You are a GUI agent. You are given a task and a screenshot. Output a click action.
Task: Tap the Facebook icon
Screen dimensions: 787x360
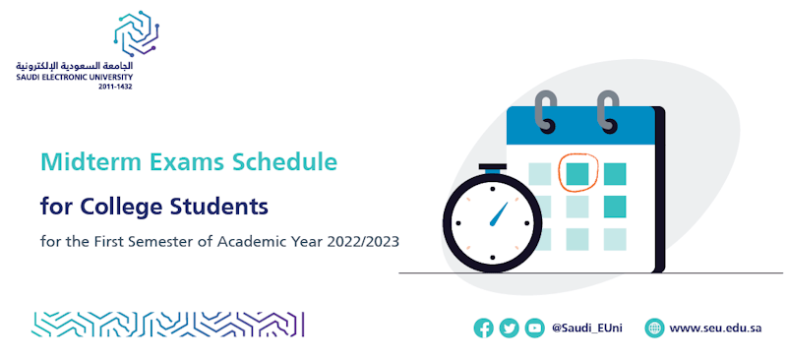point(483,329)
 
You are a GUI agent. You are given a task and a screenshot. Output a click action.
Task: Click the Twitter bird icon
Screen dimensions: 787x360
point(509,329)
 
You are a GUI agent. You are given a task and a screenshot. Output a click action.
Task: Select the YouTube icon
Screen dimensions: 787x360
point(534,329)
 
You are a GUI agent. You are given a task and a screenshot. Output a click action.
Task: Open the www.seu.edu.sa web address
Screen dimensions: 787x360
point(715,329)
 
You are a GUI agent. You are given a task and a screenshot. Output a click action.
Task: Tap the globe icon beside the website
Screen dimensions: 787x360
point(654,329)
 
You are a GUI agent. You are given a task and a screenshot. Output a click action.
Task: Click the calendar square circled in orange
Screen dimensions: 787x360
point(577,174)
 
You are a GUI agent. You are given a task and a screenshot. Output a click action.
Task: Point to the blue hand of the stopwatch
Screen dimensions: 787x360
point(499,214)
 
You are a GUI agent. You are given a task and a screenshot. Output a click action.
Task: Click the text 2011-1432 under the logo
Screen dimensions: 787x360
point(116,87)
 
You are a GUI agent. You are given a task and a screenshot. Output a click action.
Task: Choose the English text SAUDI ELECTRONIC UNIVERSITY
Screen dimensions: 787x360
point(75,77)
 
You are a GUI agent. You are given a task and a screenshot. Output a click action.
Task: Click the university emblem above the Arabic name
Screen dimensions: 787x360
point(137,32)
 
